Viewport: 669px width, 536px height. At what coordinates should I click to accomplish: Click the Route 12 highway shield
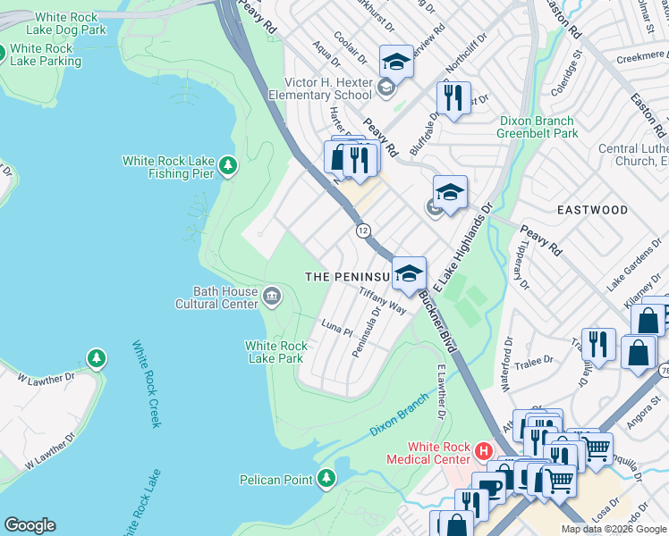[x=363, y=230]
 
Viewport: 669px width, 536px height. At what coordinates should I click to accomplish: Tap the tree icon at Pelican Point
[x=326, y=480]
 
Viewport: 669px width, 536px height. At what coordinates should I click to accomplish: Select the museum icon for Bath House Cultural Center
[x=271, y=295]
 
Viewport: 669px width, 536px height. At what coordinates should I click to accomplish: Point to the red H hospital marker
[x=484, y=451]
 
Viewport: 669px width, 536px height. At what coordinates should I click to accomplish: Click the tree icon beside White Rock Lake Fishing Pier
[x=229, y=165]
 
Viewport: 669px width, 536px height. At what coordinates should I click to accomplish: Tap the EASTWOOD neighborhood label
[x=592, y=210]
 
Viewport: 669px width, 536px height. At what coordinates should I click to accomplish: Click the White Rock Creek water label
[x=146, y=383]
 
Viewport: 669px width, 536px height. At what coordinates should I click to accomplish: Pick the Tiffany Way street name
[x=383, y=299]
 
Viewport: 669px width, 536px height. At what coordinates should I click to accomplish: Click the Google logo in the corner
[x=30, y=525]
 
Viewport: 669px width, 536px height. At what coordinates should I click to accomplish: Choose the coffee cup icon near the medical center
[x=488, y=487]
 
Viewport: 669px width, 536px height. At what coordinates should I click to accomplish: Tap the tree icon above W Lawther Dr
[x=96, y=359]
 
